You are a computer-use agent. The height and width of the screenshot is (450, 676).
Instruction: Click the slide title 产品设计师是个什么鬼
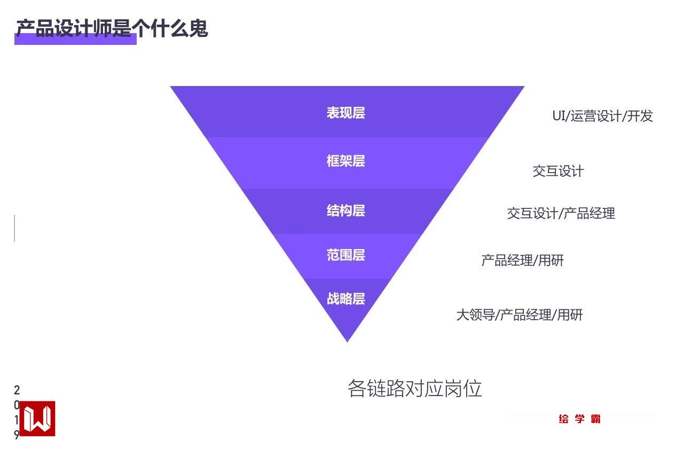click(112, 28)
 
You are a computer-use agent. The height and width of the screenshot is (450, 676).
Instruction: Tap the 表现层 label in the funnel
click(345, 113)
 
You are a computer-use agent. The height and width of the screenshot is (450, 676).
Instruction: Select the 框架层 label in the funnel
click(345, 161)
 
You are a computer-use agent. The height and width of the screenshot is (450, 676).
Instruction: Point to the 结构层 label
click(345, 211)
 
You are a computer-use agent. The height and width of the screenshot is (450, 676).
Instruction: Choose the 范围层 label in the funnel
click(345, 255)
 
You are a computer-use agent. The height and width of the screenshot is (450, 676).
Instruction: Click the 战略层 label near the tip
click(345, 299)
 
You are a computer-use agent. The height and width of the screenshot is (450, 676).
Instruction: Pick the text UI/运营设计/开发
click(602, 116)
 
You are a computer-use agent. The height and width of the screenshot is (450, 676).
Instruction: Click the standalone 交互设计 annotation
click(558, 172)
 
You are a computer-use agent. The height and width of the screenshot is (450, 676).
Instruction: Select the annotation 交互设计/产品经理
click(561, 214)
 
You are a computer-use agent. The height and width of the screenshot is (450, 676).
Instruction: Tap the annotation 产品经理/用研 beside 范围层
click(522, 261)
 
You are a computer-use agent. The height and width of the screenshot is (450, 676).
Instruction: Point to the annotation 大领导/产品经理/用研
click(519, 315)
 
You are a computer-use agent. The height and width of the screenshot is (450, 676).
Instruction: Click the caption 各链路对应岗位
click(414, 389)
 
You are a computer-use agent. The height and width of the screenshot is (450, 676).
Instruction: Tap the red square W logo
click(37, 418)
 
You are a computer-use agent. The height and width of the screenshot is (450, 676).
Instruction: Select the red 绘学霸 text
click(580, 419)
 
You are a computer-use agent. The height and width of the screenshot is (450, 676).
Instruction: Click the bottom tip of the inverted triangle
click(348, 340)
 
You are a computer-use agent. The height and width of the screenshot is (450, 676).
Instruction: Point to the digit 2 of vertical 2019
click(17, 391)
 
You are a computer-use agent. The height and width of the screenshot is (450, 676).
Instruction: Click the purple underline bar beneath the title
click(75, 41)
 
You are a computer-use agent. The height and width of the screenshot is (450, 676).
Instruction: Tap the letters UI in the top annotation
click(559, 116)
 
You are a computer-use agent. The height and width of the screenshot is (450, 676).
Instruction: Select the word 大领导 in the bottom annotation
click(475, 315)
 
